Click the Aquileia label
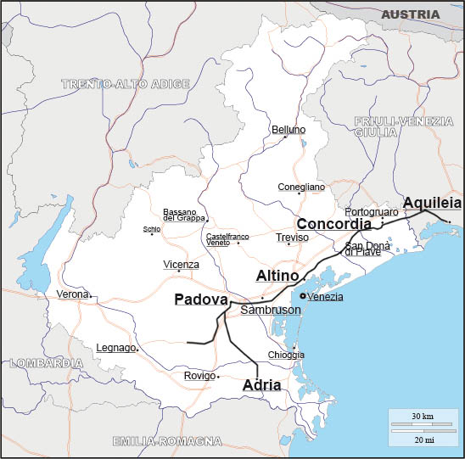(x=432, y=203)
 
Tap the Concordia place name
(x=334, y=224)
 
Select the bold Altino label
(x=277, y=277)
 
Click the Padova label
(x=201, y=299)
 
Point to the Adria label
(x=261, y=385)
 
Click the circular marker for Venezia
(x=303, y=295)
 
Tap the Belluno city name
(x=289, y=130)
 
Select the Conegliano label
(x=301, y=187)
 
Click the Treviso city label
(x=292, y=238)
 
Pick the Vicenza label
(x=182, y=265)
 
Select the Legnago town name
(x=115, y=348)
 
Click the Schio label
(x=151, y=229)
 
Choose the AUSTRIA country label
(x=411, y=14)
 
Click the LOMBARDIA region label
(x=47, y=362)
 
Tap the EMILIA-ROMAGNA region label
(x=167, y=441)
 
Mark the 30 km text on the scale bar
(x=422, y=417)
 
